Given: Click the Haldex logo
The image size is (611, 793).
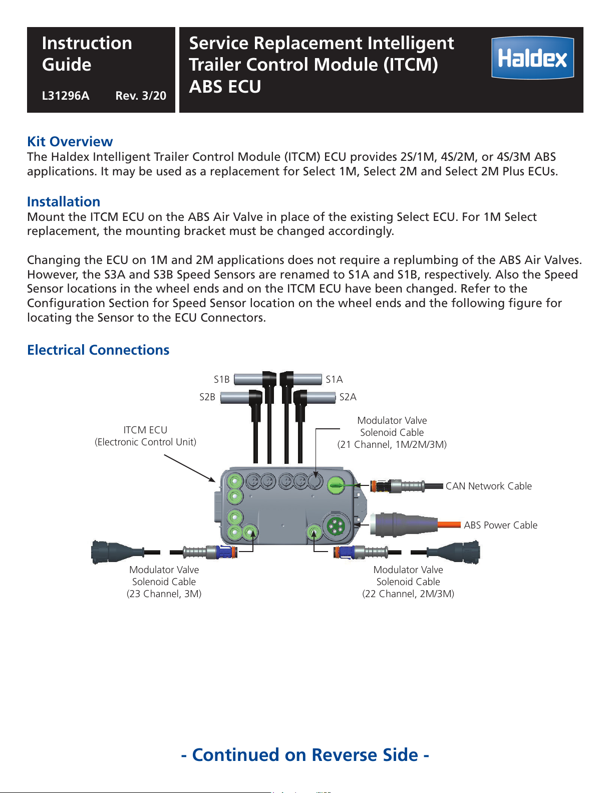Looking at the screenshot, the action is (532, 58).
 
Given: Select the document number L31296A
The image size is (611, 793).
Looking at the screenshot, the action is (65, 96).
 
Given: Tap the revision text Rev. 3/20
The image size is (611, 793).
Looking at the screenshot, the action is (141, 96).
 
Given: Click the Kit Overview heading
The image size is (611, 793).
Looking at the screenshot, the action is (70, 141).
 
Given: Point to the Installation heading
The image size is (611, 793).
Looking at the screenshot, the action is (64, 201).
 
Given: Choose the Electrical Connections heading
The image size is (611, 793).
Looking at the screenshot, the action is (98, 350).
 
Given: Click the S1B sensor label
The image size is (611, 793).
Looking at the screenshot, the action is (221, 380).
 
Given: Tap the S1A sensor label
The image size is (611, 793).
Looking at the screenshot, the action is (334, 380).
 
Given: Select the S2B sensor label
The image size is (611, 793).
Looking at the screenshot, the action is (207, 397).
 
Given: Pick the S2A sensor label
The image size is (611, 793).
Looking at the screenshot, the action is (348, 397).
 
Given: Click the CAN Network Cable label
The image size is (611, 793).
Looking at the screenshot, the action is (488, 486).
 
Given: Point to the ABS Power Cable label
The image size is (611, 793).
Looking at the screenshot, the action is (500, 525).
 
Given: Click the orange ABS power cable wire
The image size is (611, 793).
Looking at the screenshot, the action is (449, 525).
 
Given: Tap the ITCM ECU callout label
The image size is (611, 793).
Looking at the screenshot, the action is (146, 436).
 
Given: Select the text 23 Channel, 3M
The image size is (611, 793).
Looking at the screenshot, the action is (164, 594).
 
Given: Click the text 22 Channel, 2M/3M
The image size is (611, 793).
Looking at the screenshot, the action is (408, 594).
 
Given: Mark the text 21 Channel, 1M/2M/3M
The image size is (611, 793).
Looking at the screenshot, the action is (392, 444).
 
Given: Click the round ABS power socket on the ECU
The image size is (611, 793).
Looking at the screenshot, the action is (336, 526).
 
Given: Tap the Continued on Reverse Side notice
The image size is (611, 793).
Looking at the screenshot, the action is (305, 755).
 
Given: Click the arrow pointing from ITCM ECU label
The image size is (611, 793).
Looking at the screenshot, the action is (190, 468).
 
